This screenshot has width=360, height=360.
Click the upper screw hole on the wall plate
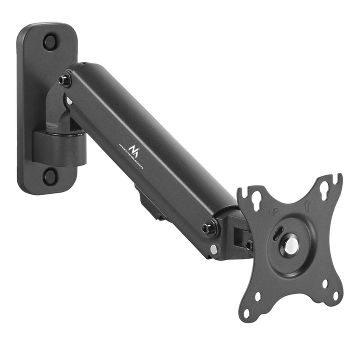[50, 41]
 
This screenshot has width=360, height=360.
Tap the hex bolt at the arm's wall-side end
[64, 79]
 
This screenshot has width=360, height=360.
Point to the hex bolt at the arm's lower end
[209, 229]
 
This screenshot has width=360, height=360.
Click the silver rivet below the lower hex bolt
[213, 248]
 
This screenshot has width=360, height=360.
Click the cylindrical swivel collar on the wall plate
[59, 147]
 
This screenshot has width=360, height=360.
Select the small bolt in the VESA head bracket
[248, 245]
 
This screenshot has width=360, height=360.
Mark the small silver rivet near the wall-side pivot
[69, 101]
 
